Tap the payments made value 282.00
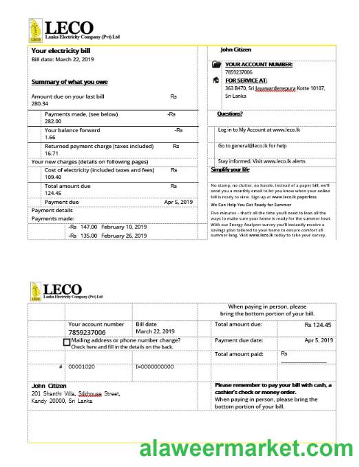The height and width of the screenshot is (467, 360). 53,121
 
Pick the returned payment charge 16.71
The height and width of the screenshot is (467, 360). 52,154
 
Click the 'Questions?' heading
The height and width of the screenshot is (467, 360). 230,114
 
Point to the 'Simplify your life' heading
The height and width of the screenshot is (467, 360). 230,169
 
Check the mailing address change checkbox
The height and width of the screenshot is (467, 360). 67,342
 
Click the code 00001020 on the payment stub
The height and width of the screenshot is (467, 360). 81,366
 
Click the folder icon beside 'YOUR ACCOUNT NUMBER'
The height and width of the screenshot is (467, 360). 218,65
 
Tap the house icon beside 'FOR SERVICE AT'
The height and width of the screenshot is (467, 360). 217,81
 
